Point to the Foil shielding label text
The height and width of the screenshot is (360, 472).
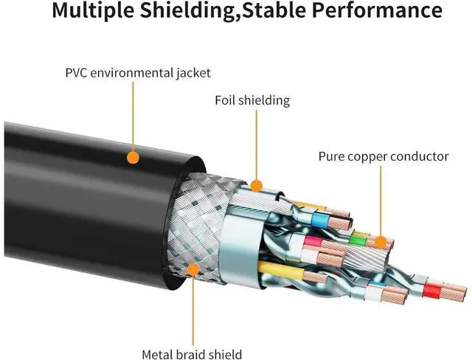point(251,100)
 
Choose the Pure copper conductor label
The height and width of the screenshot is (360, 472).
point(383,156)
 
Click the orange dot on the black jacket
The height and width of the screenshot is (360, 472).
point(133,156)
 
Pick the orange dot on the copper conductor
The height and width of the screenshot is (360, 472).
point(379,242)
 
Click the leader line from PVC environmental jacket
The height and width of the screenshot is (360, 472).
point(133,118)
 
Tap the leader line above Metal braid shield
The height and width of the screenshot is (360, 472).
point(193,310)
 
